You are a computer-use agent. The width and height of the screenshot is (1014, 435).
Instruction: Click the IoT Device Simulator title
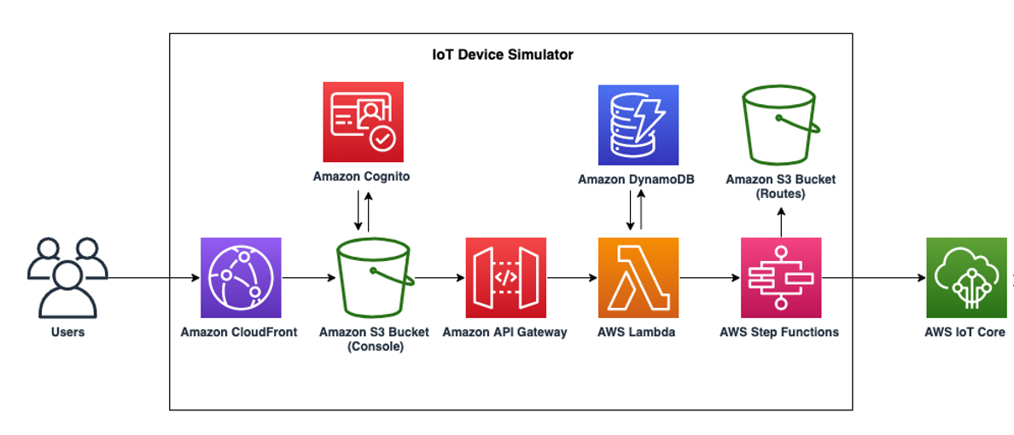503,55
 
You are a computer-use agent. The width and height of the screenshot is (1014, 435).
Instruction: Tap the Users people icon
67,277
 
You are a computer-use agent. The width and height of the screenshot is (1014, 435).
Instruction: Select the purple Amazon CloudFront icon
240,277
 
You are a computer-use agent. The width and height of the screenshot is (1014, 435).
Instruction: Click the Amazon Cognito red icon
363,122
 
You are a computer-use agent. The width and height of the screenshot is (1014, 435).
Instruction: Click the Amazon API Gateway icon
504,277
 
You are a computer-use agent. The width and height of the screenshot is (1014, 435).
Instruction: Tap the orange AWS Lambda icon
638,277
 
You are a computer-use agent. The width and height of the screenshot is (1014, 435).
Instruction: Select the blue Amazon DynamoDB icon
638,125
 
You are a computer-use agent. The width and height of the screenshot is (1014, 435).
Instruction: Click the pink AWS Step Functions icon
780,277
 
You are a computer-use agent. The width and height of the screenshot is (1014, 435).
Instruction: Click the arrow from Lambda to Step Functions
709,278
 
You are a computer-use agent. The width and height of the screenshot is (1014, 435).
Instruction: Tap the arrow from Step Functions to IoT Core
873,278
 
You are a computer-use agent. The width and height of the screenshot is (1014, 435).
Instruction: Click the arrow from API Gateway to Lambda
570,278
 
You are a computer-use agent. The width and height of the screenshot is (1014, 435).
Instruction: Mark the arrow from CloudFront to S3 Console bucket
307,278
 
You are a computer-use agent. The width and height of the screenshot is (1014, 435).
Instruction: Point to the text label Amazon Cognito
363,177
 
